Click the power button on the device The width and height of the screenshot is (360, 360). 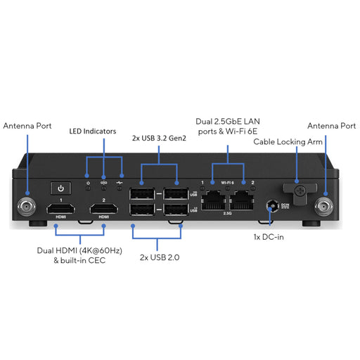coord(61,188)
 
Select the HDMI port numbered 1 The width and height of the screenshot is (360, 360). coord(63,209)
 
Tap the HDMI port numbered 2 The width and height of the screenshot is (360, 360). coord(104,209)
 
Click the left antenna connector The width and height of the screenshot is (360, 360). coord(27,208)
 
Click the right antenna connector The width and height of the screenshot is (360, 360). coord(326,207)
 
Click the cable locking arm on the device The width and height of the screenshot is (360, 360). coord(297,191)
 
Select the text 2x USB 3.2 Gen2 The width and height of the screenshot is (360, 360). coord(158,138)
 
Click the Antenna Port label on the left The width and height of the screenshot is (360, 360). coord(27,126)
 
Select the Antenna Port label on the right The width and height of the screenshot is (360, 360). coord(331,126)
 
